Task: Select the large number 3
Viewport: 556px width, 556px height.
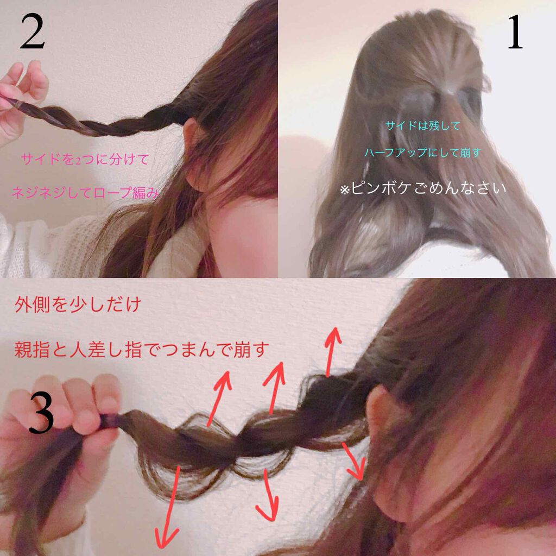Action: [41, 413]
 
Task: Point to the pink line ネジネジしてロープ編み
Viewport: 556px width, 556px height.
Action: [86, 192]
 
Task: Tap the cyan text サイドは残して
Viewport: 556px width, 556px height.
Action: [422, 126]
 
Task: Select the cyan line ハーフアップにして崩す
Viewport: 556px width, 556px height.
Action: [422, 153]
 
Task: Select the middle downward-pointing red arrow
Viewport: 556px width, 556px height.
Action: [266, 494]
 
